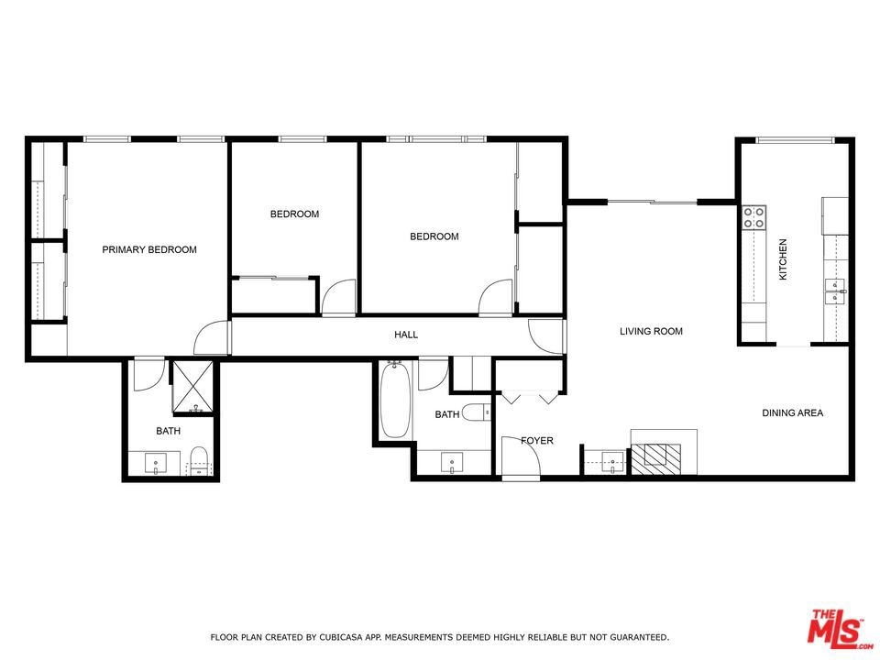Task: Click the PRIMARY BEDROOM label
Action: point(149,249)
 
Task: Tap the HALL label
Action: point(406,335)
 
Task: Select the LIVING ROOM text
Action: point(651,331)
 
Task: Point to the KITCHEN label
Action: point(782,259)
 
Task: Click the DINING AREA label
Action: point(792,412)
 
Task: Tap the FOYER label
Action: point(537,441)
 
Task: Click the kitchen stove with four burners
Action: point(754,218)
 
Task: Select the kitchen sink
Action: point(836,291)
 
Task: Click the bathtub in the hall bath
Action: point(395,401)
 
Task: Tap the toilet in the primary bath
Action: point(199,461)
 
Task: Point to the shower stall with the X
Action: point(193,387)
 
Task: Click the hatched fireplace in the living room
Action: point(656,458)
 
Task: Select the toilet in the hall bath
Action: point(478,413)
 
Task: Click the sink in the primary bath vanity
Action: point(156,464)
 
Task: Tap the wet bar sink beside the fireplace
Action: point(613,461)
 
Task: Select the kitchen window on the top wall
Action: point(794,139)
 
